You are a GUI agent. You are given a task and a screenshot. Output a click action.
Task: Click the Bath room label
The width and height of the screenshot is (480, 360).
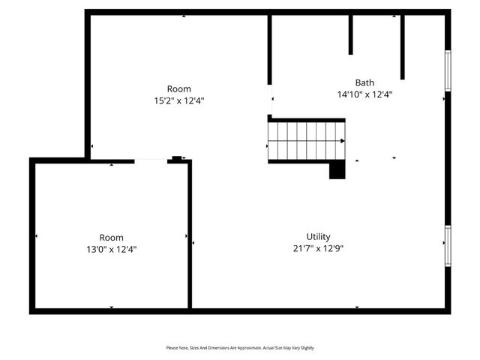pos(364,82)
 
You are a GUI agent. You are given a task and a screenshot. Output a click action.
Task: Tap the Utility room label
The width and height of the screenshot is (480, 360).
pos(318,236)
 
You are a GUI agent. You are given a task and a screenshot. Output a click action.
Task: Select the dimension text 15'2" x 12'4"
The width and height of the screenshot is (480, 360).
pos(178,100)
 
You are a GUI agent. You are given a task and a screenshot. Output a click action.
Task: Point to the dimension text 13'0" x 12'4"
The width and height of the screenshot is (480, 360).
pos(111,249)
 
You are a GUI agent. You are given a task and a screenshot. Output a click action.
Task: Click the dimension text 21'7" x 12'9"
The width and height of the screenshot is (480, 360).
pos(318,248)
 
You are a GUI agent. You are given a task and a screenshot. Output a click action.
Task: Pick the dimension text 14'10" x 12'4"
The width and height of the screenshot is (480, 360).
pos(364,94)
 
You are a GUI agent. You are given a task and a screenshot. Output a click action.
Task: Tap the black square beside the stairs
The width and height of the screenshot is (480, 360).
pos(337,170)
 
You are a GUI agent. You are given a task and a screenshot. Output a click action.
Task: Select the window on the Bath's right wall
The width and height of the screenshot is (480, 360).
pos(448,70)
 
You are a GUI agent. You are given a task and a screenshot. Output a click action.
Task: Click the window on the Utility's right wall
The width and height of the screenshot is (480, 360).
pos(448,246)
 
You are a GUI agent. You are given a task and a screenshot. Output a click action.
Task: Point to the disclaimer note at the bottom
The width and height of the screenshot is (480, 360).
pos(240,348)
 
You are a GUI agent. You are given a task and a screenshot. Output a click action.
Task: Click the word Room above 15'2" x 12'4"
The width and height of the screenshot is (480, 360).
pos(178,88)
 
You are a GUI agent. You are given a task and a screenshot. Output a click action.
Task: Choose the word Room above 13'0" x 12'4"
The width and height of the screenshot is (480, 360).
pos(111,238)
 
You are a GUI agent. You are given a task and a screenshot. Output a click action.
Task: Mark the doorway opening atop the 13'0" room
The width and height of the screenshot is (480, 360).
pos(151,160)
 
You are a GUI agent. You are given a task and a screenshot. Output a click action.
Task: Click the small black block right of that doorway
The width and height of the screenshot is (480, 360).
pos(177,158)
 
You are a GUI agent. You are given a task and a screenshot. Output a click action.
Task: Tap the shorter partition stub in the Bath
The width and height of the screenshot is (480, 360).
pos(350,34)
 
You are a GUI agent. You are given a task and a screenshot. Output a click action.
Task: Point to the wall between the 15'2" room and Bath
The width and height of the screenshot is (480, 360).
pos(269,49)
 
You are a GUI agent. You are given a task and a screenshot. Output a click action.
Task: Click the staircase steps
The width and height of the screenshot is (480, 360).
pos(304,141)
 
